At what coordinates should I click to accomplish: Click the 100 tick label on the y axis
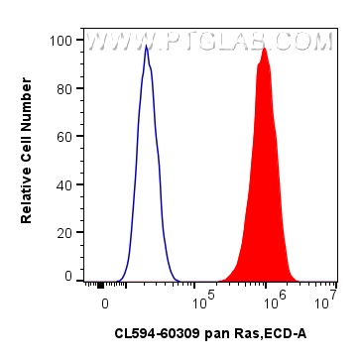point(62,41)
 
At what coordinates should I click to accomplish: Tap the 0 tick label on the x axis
point(103,298)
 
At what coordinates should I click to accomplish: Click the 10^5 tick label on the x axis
point(203,296)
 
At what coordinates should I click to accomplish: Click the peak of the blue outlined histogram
point(146,46)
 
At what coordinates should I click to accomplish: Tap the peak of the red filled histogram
point(264,48)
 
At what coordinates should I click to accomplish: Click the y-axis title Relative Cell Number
point(27,159)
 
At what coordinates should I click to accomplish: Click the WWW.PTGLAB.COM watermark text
point(208,42)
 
